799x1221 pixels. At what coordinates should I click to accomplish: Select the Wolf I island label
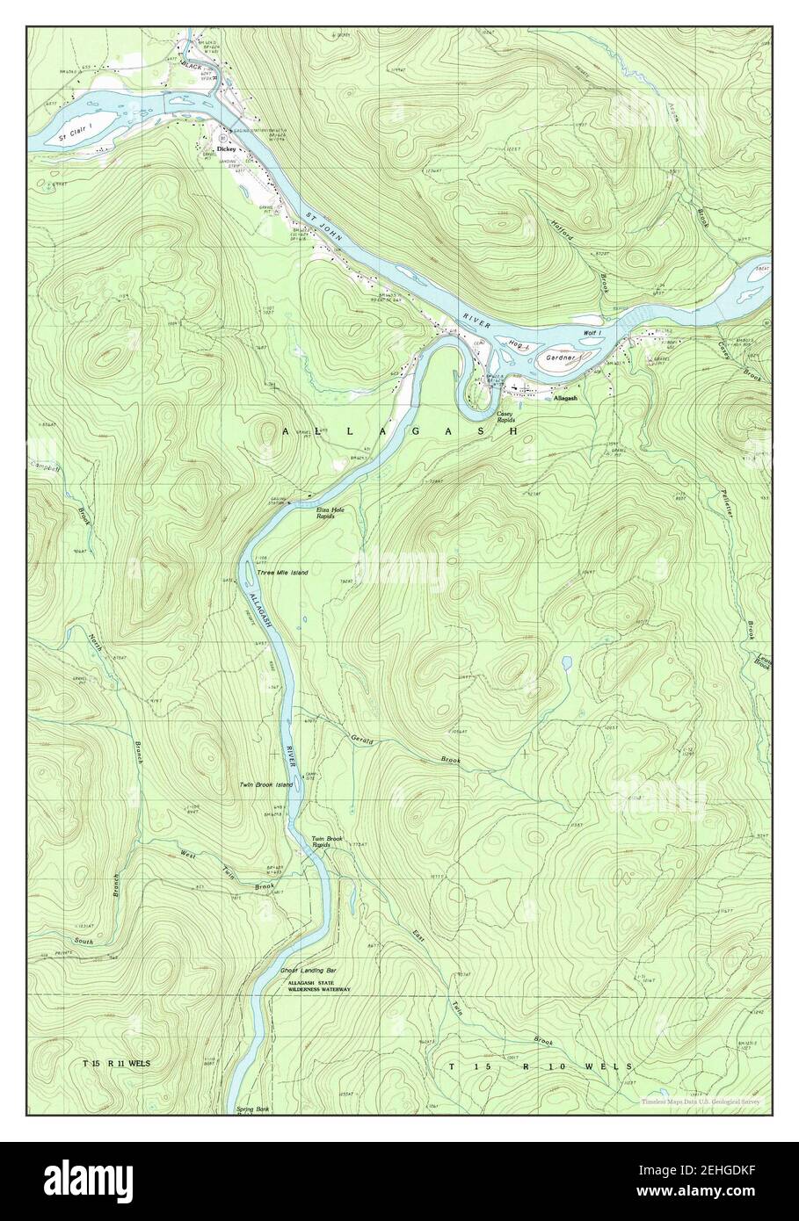click(592, 333)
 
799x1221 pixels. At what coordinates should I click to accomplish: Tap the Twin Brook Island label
click(265, 784)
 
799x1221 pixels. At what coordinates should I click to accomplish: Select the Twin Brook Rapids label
click(327, 842)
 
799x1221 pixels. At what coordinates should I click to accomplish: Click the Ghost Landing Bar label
click(308, 971)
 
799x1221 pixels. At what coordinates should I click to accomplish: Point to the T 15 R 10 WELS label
click(540, 1066)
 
